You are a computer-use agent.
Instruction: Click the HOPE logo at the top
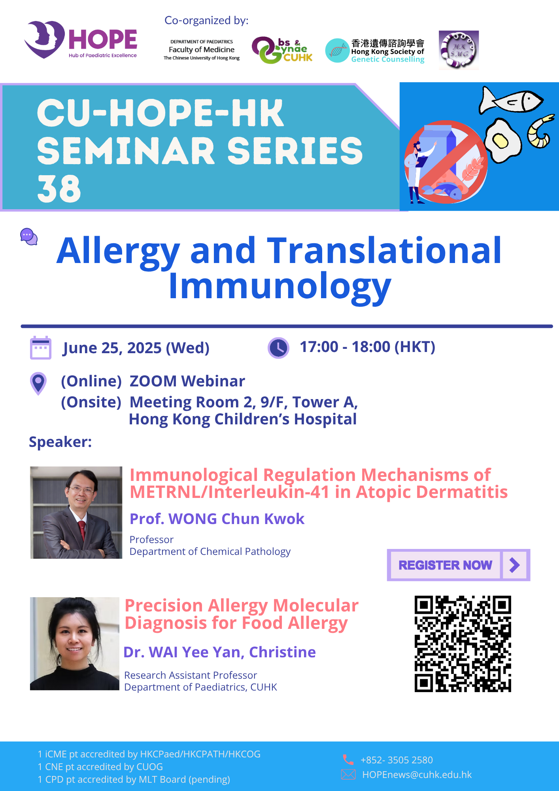(x=81, y=40)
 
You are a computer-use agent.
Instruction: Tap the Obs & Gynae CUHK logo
(x=282, y=50)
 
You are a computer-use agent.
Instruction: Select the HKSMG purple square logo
(x=459, y=50)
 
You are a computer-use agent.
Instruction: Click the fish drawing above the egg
(x=511, y=100)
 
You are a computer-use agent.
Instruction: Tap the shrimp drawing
(x=541, y=132)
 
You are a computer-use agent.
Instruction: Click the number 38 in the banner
(x=59, y=189)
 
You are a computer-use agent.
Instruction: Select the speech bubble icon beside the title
(x=29, y=237)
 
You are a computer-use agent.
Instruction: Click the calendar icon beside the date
(x=41, y=348)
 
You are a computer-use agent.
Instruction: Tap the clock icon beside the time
(x=279, y=348)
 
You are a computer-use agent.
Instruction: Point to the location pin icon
(x=38, y=383)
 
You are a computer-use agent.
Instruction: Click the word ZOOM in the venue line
(x=153, y=381)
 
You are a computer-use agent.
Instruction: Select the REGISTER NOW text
(x=445, y=565)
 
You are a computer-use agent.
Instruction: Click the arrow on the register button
(x=515, y=565)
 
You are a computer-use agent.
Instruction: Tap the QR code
(x=463, y=644)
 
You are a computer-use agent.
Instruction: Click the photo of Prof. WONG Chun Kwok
(x=76, y=513)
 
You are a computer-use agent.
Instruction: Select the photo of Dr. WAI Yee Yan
(x=75, y=643)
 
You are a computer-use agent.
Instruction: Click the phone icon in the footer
(x=348, y=760)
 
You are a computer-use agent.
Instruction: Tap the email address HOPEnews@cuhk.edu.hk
(x=417, y=775)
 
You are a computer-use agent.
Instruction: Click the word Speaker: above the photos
(x=60, y=442)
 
